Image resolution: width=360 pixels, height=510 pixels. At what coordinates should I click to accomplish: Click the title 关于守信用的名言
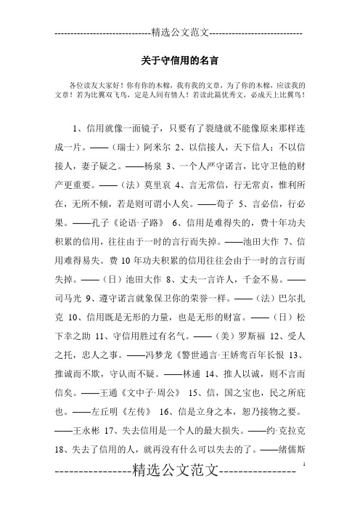pyautogui.click(x=179, y=55)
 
